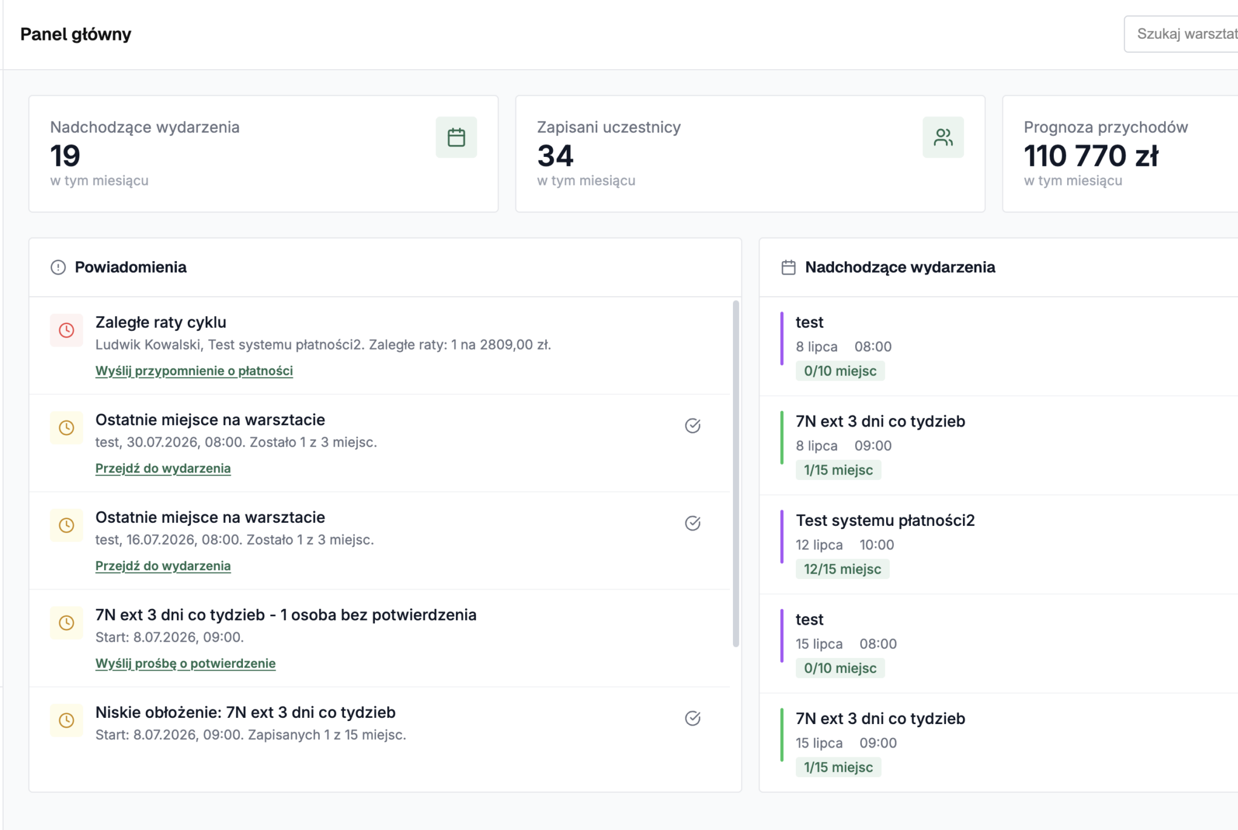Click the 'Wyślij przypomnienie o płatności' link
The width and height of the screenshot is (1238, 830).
(194, 371)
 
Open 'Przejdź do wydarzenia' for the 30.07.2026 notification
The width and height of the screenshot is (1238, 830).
(163, 468)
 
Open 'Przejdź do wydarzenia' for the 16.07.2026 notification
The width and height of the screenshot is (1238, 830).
(163, 566)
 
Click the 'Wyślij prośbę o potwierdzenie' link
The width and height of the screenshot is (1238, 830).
(185, 663)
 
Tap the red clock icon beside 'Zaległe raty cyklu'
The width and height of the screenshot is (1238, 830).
(67, 330)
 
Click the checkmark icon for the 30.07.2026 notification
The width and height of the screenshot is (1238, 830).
(692, 426)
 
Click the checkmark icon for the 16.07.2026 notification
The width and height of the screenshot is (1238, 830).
(692, 523)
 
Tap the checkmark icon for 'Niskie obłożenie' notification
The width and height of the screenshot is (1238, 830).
(692, 719)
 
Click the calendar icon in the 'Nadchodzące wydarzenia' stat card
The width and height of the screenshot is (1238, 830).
(456, 138)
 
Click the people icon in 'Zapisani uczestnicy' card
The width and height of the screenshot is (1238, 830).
(943, 138)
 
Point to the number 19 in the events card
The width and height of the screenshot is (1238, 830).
(65, 156)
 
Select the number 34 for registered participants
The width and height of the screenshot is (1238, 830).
(555, 156)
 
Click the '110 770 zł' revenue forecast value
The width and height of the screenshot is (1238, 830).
(1091, 156)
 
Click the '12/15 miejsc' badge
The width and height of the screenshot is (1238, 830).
(842, 569)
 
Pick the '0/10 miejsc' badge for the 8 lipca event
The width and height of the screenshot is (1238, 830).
(840, 371)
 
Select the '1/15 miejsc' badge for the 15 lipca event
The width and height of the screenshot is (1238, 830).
(838, 768)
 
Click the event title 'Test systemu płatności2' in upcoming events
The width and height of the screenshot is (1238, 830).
(885, 520)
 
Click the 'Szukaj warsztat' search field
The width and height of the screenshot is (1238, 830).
(1181, 34)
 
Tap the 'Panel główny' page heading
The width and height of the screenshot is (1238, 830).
(76, 34)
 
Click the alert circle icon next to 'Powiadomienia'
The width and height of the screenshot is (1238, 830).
(58, 267)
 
